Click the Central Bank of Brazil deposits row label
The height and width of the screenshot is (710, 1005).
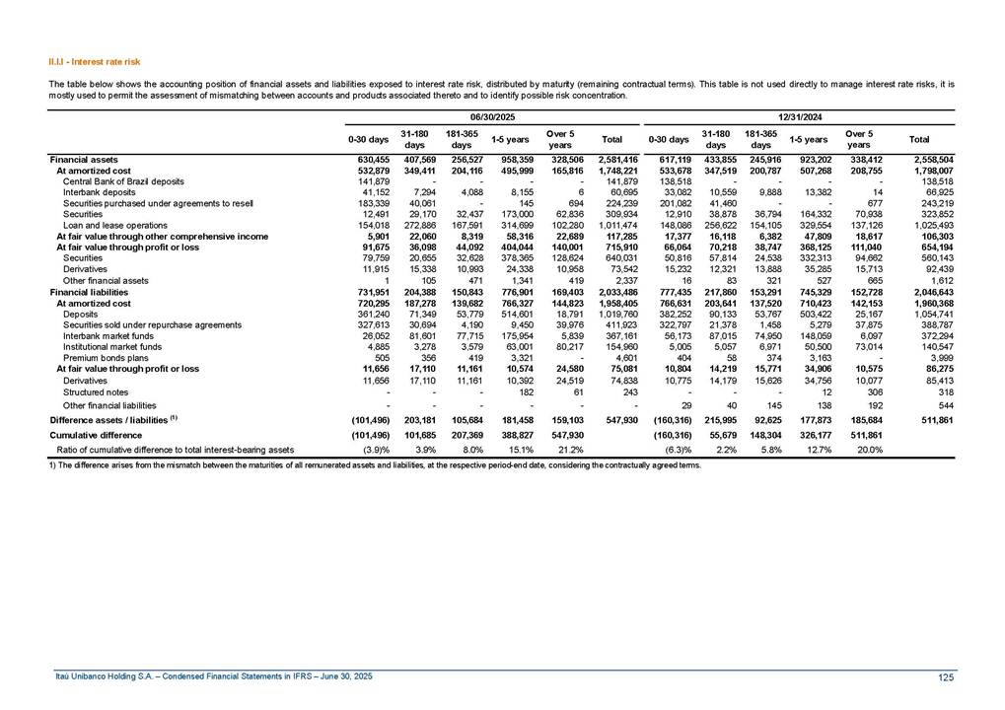tap(122, 181)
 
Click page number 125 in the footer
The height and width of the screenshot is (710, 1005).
tap(945, 675)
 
